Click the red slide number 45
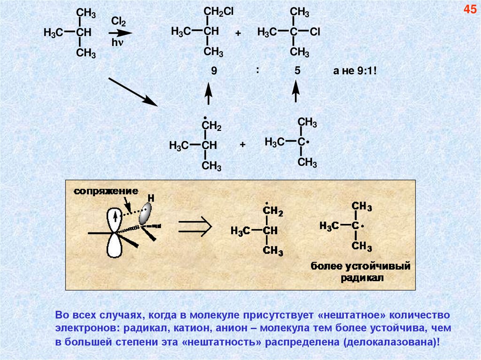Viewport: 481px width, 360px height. (x=470, y=9)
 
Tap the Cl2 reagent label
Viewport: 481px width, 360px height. (x=117, y=22)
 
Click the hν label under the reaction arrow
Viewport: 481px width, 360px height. (x=117, y=43)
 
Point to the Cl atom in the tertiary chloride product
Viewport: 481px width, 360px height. (x=315, y=31)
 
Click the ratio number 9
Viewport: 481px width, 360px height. (x=214, y=71)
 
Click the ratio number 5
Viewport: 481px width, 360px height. (x=297, y=71)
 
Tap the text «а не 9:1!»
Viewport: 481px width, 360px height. (x=355, y=71)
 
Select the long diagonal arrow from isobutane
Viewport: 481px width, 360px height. (x=133, y=92)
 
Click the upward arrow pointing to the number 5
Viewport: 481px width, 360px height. (x=296, y=92)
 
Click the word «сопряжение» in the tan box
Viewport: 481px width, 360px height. (x=106, y=191)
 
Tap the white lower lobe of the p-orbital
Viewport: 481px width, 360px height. (x=114, y=245)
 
